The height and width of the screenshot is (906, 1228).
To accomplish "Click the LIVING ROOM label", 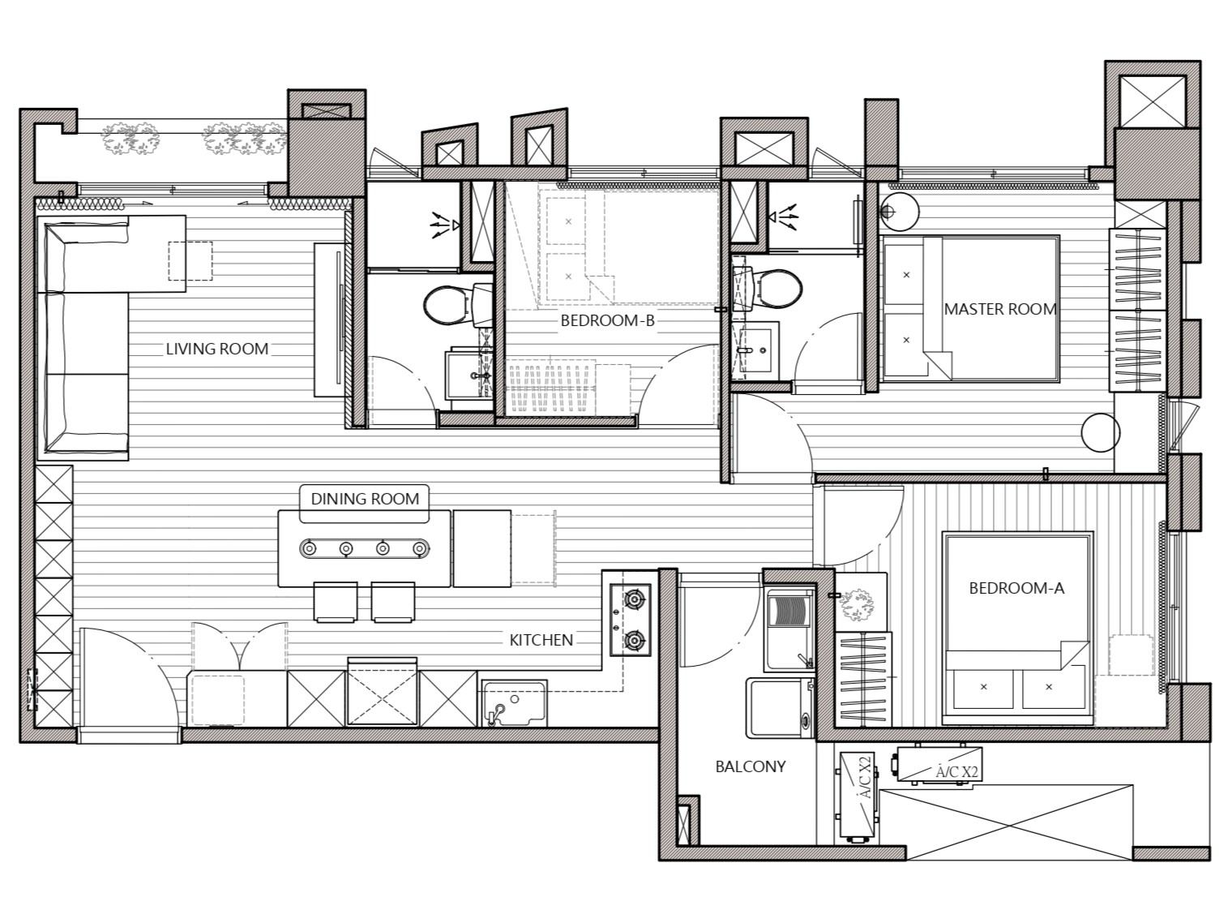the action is pyautogui.click(x=217, y=349).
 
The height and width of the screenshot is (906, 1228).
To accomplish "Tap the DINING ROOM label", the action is pyautogui.click(x=365, y=499).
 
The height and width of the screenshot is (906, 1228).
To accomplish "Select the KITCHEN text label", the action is pyautogui.click(x=541, y=640).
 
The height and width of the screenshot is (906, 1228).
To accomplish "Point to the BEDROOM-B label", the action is pyautogui.click(x=607, y=321).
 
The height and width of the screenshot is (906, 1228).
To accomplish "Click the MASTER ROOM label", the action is pyautogui.click(x=1000, y=309).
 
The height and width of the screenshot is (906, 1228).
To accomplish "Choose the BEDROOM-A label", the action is pyautogui.click(x=1016, y=589).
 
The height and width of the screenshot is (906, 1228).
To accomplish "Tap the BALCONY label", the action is pyautogui.click(x=751, y=766).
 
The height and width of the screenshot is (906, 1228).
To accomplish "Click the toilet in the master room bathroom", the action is pyautogui.click(x=768, y=289).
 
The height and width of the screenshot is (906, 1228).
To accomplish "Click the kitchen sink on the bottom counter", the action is pyautogui.click(x=514, y=704).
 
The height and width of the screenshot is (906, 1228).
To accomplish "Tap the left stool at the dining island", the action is pyautogui.click(x=335, y=602).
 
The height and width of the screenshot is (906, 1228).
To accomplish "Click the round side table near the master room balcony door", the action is pyautogui.click(x=1100, y=432).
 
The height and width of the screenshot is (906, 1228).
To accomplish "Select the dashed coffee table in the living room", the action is pyautogui.click(x=190, y=262).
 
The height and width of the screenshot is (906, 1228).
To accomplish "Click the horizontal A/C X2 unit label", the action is pyautogui.click(x=956, y=772).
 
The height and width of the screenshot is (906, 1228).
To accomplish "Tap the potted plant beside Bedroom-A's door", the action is pyautogui.click(x=858, y=605).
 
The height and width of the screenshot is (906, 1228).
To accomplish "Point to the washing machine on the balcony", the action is pyautogui.click(x=780, y=709).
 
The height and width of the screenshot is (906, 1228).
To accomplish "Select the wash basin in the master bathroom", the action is pyautogui.click(x=755, y=350).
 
